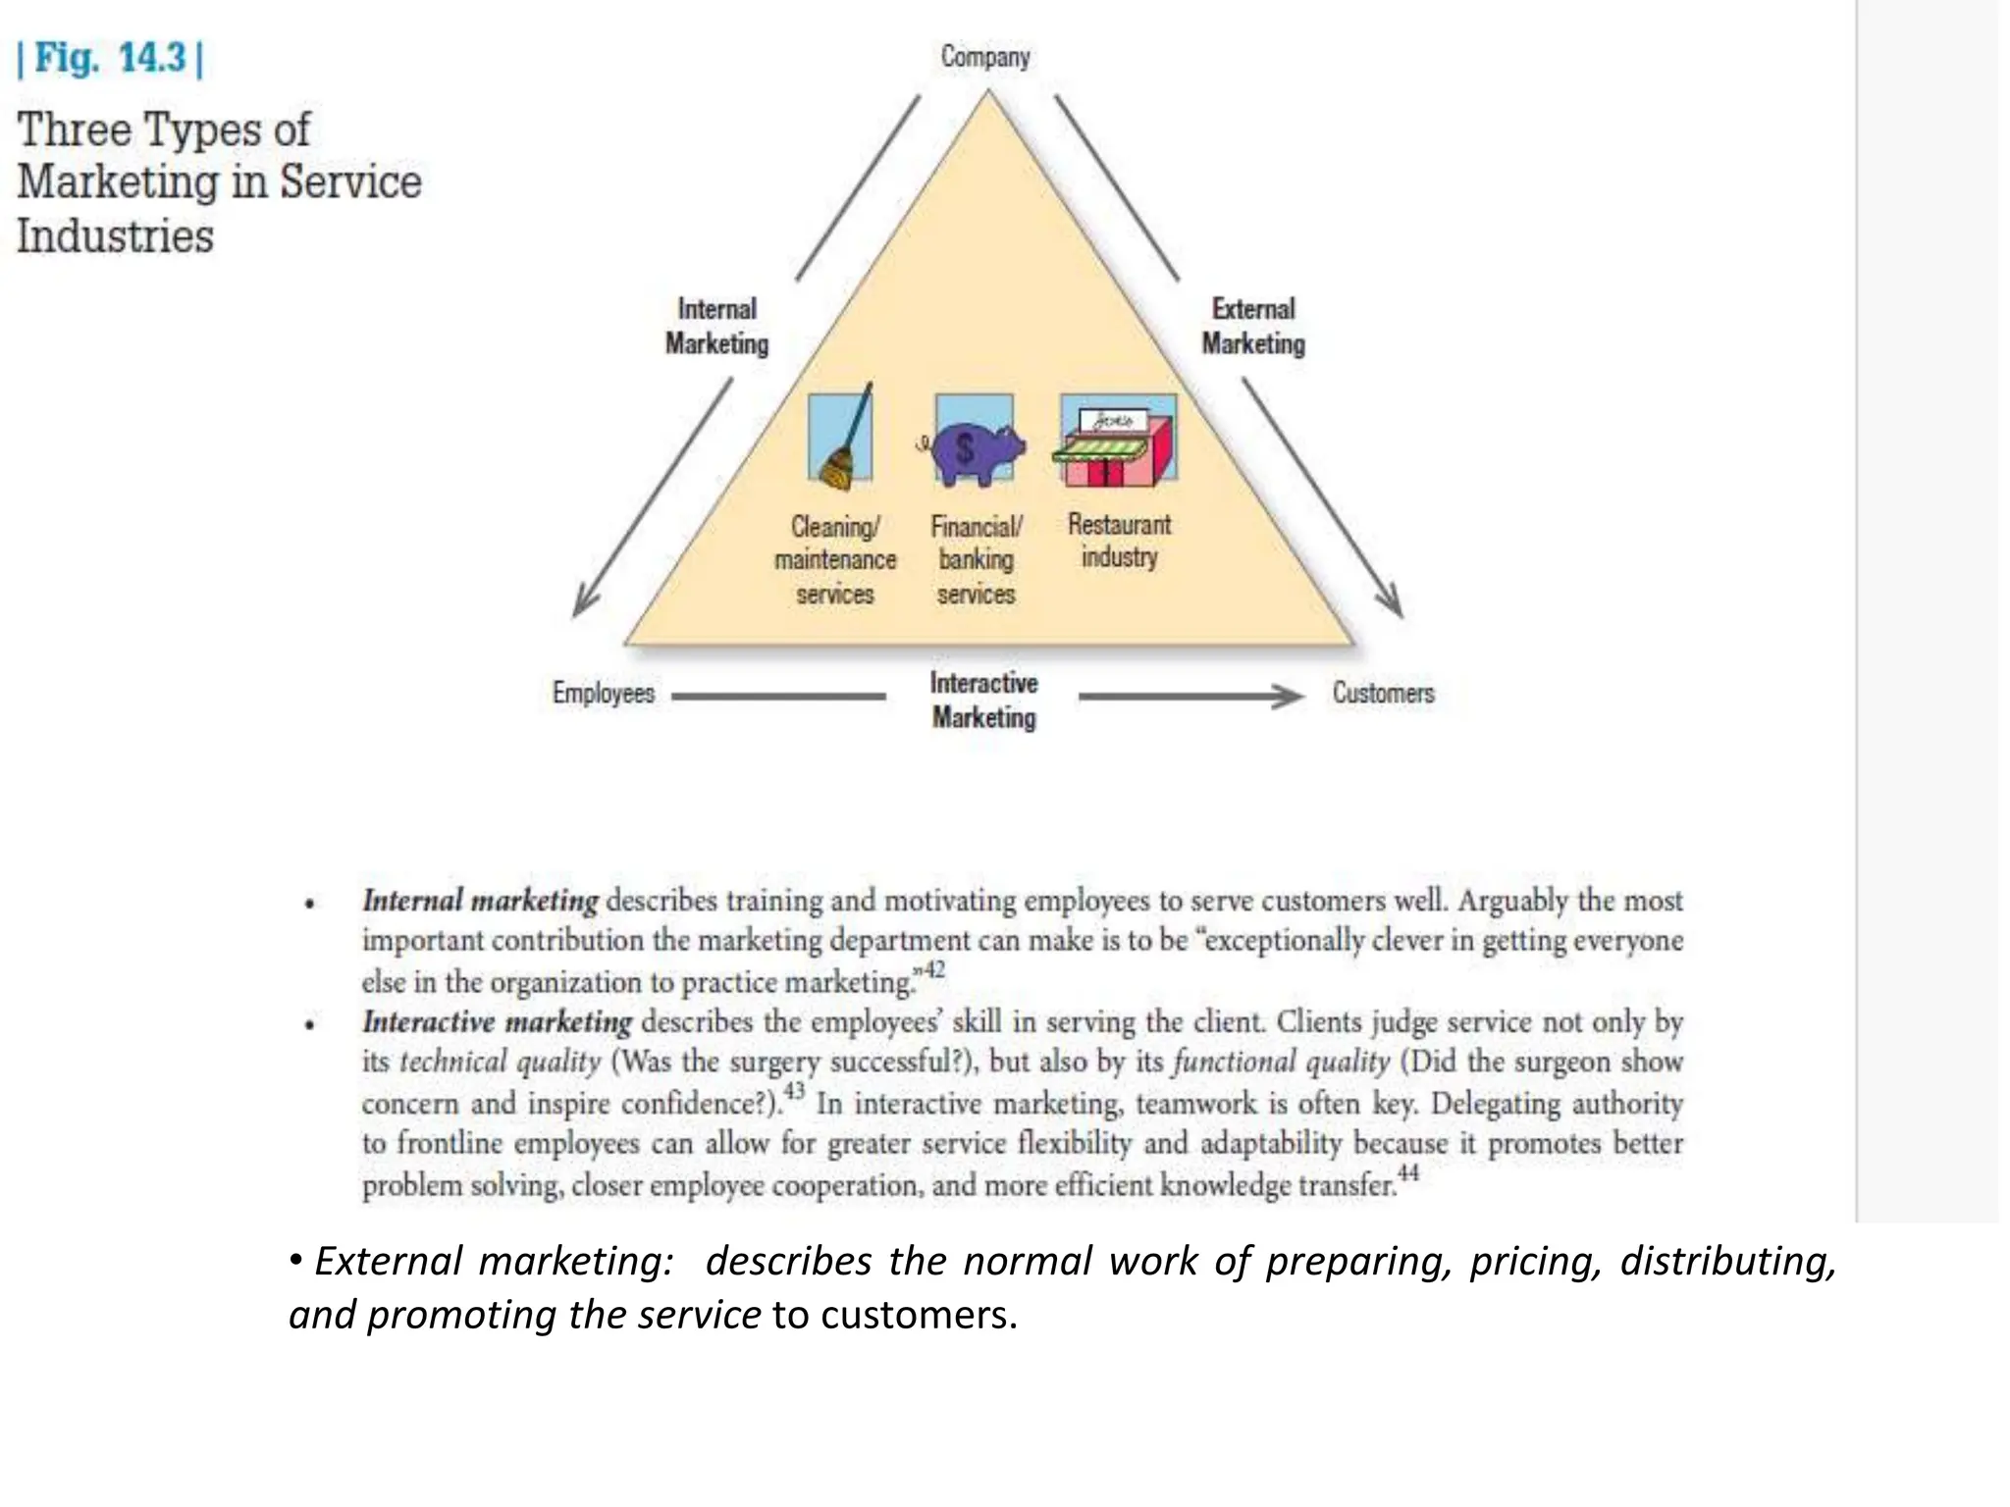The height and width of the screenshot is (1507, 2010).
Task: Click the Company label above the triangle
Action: click(985, 57)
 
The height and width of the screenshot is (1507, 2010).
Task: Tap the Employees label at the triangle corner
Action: click(603, 693)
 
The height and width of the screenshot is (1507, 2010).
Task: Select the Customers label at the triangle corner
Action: click(1383, 693)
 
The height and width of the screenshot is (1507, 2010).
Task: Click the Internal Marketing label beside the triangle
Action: click(717, 327)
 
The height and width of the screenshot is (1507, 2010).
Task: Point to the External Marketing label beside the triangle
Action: click(1253, 327)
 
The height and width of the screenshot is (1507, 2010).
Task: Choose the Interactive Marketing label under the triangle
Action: click(983, 701)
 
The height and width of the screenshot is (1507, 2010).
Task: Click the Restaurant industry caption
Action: click(1119, 541)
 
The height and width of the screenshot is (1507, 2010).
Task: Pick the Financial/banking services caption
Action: click(976, 560)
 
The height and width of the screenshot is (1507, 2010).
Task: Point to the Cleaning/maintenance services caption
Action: click(835, 560)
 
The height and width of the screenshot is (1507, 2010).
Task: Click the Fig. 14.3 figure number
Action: click(110, 58)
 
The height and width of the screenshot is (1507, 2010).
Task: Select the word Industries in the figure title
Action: click(116, 236)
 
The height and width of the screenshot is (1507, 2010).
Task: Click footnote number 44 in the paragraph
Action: click(1408, 1172)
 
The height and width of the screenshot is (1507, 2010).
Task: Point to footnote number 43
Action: click(794, 1090)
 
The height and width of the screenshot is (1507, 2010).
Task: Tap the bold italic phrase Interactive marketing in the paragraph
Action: click(498, 1022)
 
